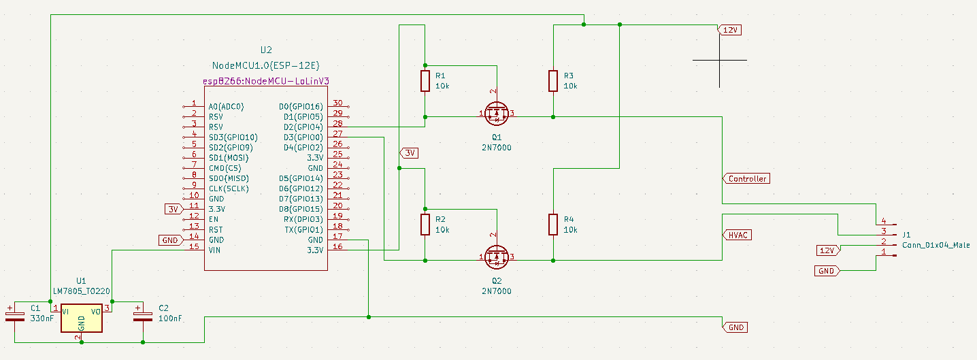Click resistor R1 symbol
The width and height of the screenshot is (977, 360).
[x=425, y=81]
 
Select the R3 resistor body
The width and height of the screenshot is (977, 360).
[x=553, y=81]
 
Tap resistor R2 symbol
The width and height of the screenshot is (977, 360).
[x=425, y=225]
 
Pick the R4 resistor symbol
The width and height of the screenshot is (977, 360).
[x=553, y=225]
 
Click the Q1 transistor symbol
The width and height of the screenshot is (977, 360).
[x=497, y=114]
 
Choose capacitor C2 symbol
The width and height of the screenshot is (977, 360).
[x=143, y=314]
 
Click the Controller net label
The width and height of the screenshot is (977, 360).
[x=747, y=179]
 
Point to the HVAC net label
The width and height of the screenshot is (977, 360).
[x=738, y=235]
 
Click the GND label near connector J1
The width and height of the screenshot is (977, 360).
[x=828, y=271]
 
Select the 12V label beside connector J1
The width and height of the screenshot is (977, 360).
[x=828, y=250]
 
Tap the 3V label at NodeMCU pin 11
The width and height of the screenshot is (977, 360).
[x=173, y=209]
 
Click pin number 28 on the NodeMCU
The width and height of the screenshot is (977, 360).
[x=337, y=127]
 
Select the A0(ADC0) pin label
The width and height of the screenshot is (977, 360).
[x=226, y=107]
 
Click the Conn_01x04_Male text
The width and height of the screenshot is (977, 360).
[x=935, y=245]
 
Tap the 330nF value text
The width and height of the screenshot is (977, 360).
[x=42, y=318]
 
